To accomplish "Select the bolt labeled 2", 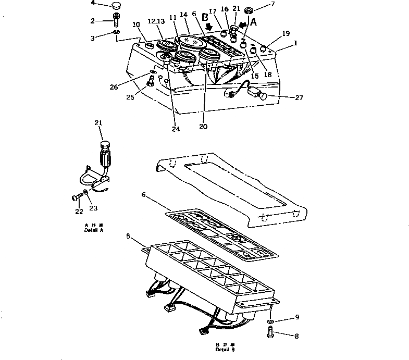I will point(116,21).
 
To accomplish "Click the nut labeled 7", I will point(248,10).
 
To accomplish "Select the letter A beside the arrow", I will point(254,22).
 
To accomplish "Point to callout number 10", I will point(137,24).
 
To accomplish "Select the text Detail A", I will point(94,230).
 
